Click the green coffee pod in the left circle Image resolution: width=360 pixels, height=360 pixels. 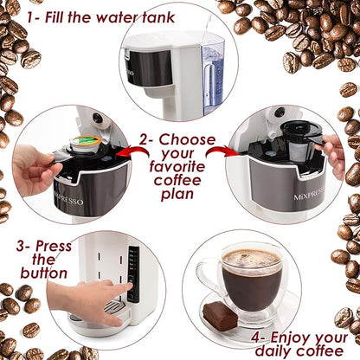tap(80, 141)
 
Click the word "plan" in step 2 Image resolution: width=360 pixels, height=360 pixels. tap(177, 196)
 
